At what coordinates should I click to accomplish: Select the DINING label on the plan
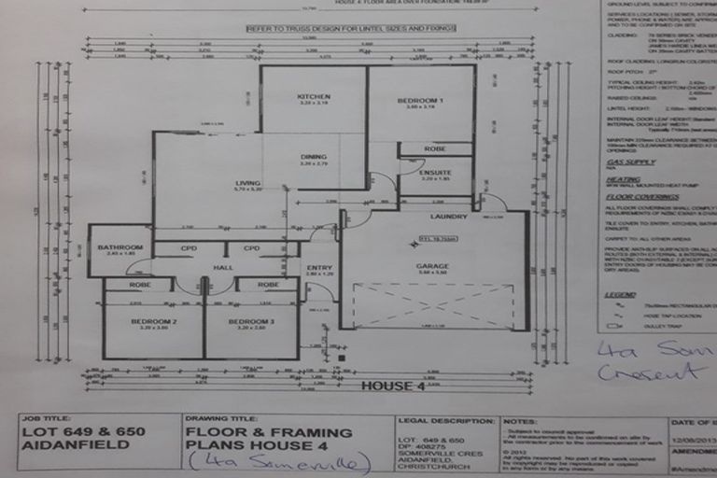coord(312,157)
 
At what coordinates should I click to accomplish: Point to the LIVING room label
coord(247,183)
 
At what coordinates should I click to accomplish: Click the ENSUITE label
coord(436,172)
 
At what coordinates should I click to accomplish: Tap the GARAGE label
coord(433,266)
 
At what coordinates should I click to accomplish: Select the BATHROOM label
coord(119,247)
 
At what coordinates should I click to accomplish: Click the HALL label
coord(222,267)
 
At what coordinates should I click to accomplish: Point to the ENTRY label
coord(318,268)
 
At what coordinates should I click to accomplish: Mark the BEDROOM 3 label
coord(252,322)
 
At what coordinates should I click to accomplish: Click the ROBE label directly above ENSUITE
coord(435,148)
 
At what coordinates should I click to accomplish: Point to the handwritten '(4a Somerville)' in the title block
coord(280,460)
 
